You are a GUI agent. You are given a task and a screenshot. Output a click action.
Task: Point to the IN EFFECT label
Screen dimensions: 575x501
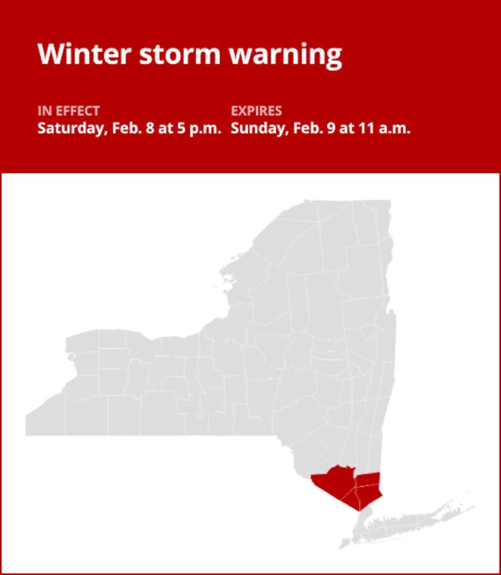tap(68, 111)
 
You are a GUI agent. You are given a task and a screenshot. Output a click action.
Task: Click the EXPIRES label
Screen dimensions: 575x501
tap(256, 111)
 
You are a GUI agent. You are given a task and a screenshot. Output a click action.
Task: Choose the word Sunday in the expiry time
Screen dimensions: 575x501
tap(256, 128)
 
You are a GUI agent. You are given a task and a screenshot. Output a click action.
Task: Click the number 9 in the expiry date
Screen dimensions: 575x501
tap(330, 128)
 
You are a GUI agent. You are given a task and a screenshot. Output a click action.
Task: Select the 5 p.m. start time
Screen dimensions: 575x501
tap(200, 128)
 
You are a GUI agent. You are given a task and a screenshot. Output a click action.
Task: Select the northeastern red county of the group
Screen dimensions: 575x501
tap(368, 479)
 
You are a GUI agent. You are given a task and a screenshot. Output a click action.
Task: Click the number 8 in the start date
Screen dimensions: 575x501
tap(148, 128)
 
